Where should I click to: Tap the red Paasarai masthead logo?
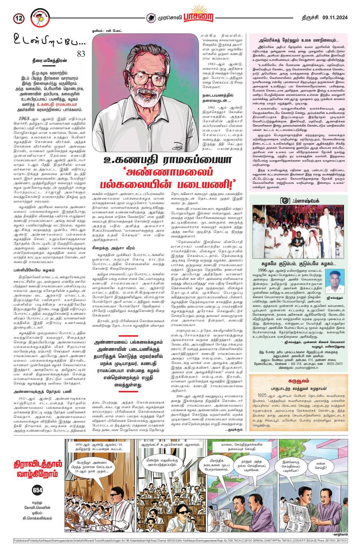[x=201, y=16]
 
